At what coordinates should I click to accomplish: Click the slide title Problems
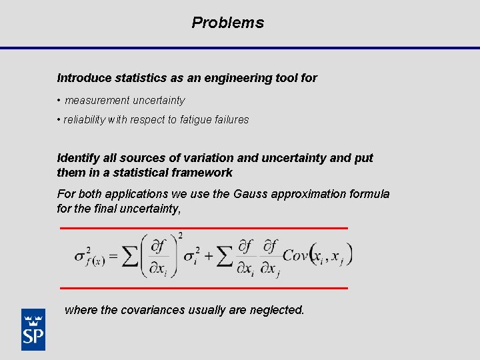coord(227,23)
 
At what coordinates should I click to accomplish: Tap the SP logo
coord(33,329)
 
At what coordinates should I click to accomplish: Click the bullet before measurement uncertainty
coord(59,101)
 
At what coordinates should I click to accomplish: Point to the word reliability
coord(85,120)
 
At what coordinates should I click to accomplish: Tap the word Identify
coord(78,158)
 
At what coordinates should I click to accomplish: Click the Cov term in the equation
coord(296,256)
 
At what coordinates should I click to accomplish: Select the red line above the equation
coord(204,228)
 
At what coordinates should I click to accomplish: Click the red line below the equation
coord(204,288)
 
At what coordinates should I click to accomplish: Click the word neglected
coord(276,310)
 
